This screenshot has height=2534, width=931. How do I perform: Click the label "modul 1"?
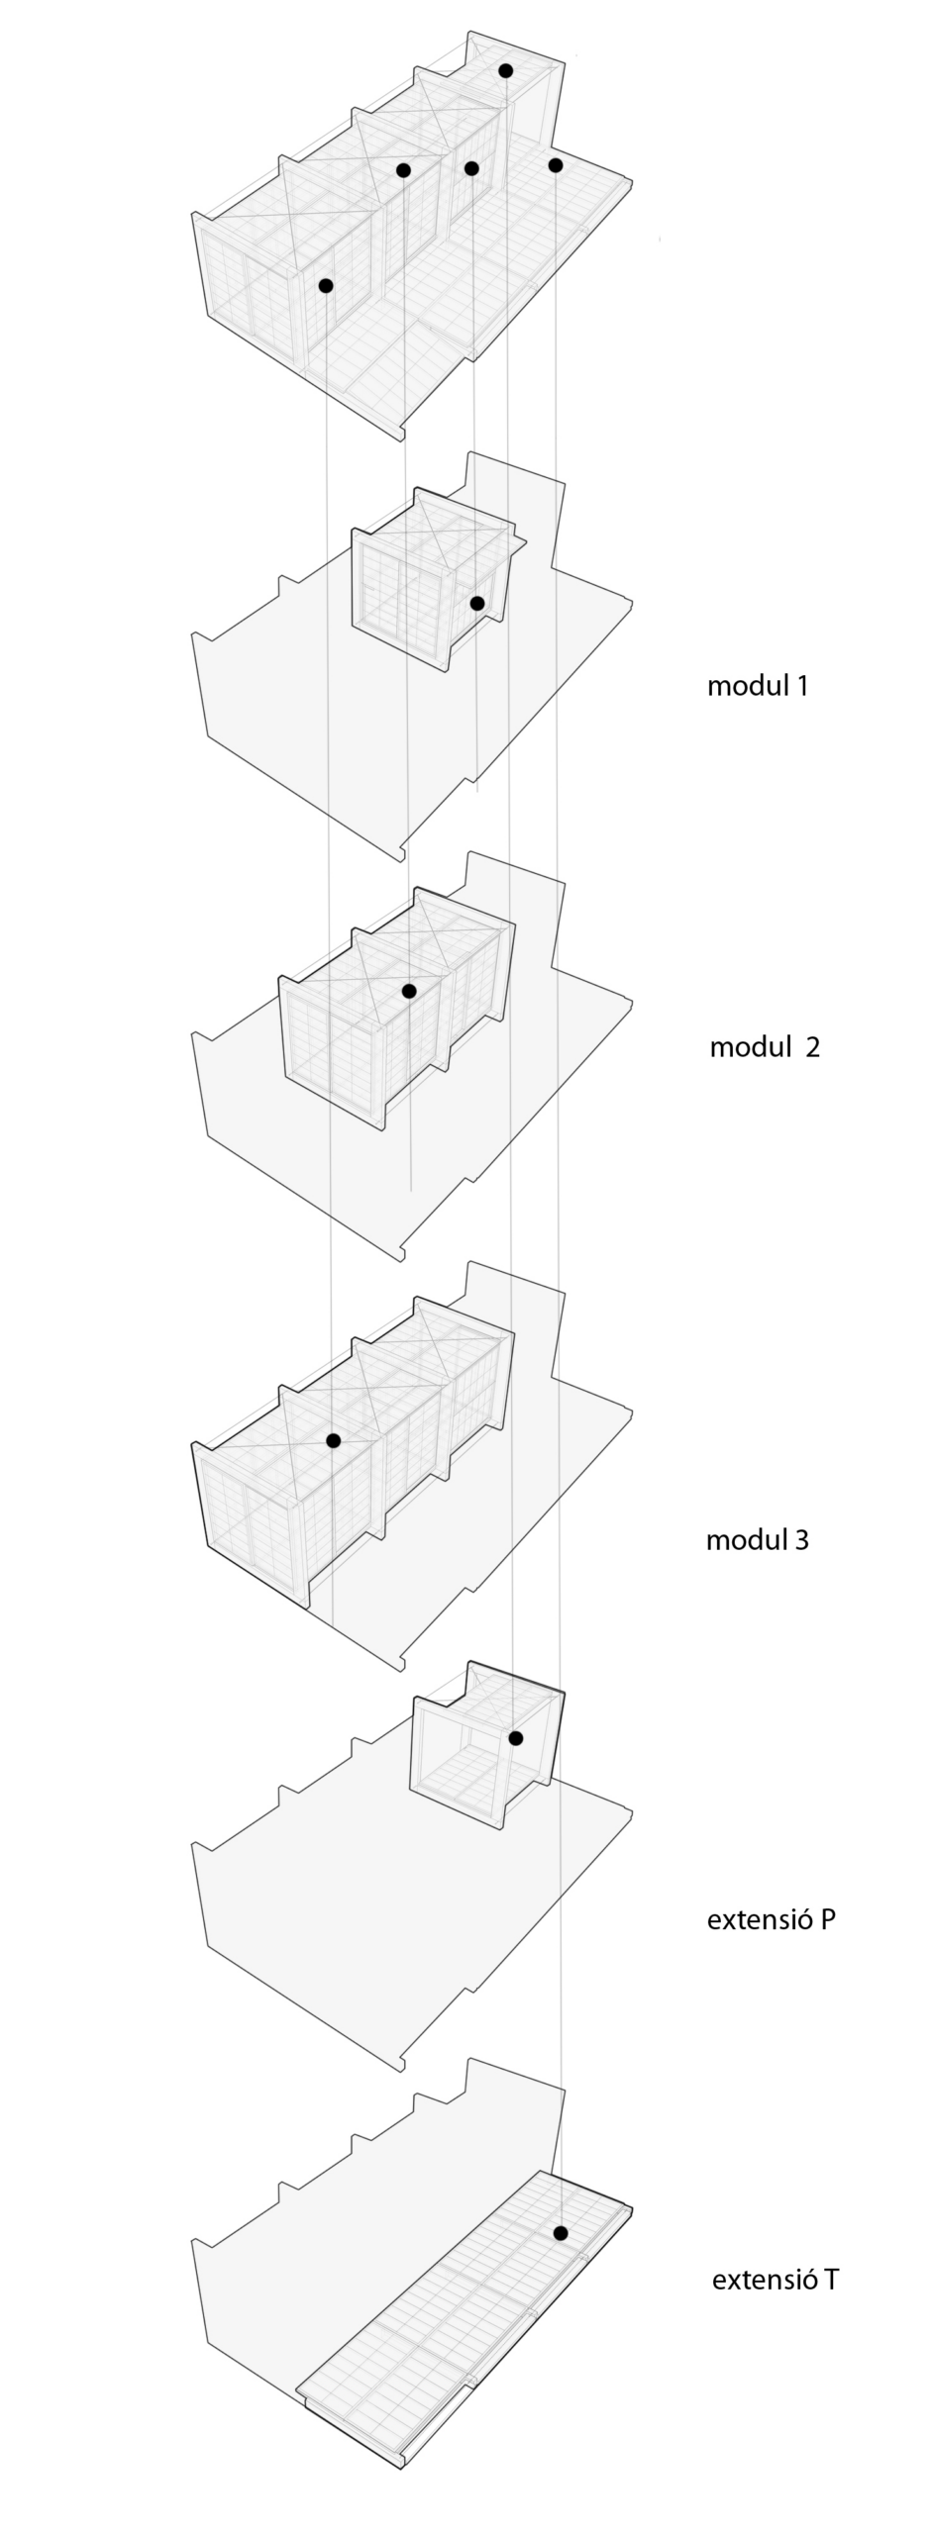[x=758, y=685]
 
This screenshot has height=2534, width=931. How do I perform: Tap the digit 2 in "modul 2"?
[x=812, y=1047]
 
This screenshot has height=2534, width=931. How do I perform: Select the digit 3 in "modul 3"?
[x=800, y=1539]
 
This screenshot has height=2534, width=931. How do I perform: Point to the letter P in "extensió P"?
[x=827, y=1918]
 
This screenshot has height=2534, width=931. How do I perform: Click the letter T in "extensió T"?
[x=830, y=2279]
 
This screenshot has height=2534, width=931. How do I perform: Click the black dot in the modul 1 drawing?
[x=476, y=603]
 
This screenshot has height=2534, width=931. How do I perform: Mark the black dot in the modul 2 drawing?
[x=408, y=990]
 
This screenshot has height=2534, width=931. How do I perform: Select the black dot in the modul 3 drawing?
[x=333, y=1440]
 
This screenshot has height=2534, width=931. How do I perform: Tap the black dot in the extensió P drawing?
[x=515, y=1737]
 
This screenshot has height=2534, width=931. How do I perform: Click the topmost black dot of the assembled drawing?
[x=505, y=70]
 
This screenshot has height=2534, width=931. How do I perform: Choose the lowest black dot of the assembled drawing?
[x=325, y=285]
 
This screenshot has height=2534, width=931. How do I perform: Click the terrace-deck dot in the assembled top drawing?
[x=555, y=164]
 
